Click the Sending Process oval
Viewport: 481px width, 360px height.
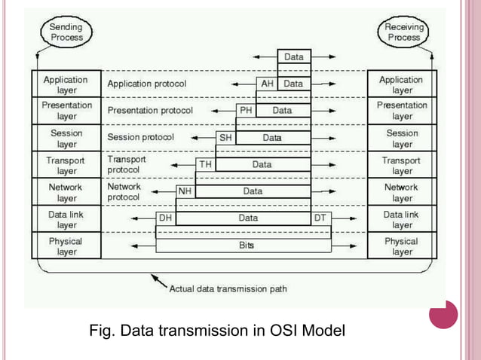click(66, 32)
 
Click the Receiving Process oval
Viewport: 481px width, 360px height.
click(403, 32)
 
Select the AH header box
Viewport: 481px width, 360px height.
click(267, 84)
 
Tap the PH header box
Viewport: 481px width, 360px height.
click(246, 111)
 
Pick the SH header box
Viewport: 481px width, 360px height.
click(225, 138)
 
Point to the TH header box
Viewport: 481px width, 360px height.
click(205, 164)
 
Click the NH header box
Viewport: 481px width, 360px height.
click(185, 191)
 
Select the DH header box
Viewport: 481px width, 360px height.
click(165, 218)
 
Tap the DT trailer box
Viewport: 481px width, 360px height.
click(320, 218)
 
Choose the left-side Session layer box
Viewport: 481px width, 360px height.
click(66, 139)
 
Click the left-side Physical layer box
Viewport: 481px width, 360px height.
click(66, 246)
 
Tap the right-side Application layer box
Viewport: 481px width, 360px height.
click(401, 84)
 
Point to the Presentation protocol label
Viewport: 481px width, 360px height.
click(150, 111)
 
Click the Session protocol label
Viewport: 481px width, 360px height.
click(140, 138)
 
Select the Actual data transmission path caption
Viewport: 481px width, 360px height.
click(228, 288)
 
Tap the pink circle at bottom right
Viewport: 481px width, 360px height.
click(443, 314)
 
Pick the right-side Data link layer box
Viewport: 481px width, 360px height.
click(401, 219)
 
